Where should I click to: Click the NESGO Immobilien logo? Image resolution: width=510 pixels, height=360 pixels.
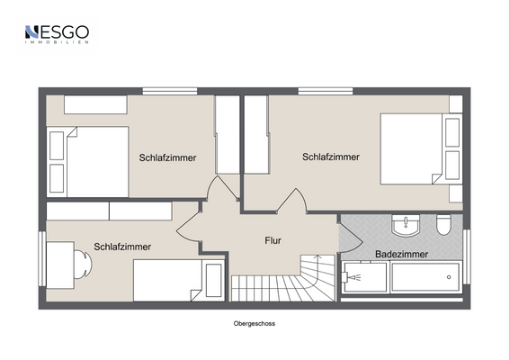point(56,35)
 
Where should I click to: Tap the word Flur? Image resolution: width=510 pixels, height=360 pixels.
point(273,240)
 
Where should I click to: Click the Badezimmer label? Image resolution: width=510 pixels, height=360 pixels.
point(402,255)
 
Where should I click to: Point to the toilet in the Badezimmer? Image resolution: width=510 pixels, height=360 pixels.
point(443,225)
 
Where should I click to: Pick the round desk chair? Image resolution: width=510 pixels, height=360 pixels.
point(82,267)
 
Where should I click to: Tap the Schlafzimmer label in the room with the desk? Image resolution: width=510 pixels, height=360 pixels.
point(122,247)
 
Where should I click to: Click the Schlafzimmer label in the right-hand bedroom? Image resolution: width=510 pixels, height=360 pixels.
point(331,157)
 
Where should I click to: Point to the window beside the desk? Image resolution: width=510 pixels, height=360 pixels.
point(40,259)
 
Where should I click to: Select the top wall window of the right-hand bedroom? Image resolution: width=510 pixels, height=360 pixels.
point(325,90)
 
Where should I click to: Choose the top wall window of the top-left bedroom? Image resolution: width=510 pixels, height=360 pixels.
point(169,90)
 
